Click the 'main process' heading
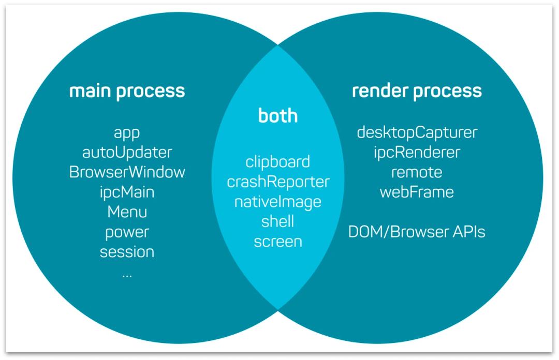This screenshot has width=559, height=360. point(127,91)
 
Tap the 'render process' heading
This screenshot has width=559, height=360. point(417,91)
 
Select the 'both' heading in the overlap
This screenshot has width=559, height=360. point(278,115)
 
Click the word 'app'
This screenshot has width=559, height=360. point(127,133)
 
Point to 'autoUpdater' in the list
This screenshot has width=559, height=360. point(127,153)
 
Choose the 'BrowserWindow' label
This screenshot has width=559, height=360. point(127,172)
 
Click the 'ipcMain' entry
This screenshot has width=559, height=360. point(127,192)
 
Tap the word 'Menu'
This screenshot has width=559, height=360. point(127,212)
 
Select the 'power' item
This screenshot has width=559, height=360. point(127,233)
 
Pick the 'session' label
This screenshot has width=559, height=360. point(127,252)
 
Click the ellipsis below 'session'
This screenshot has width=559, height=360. point(127,276)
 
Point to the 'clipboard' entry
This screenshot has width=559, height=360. point(278,162)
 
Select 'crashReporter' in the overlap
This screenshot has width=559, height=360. point(278,182)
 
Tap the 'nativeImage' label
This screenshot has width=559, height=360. point(278,202)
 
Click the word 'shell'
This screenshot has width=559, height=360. point(278,221)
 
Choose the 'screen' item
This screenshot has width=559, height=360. point(278,242)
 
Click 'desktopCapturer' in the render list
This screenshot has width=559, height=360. point(417,133)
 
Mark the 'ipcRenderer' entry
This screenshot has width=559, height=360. point(417,153)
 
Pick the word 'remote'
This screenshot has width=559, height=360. point(417,173)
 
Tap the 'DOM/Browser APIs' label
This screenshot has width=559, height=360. point(417,232)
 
